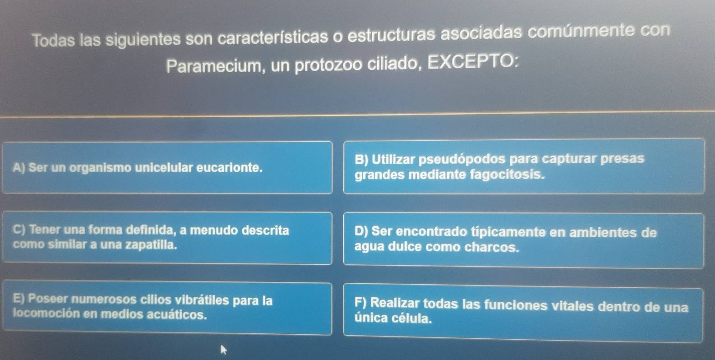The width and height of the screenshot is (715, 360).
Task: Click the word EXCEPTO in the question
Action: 472,62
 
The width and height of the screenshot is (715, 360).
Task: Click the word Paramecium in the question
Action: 214,66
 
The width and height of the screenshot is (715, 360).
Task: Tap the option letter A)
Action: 19,167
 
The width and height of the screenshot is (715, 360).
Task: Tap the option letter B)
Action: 362,159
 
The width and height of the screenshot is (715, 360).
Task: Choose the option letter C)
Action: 20,230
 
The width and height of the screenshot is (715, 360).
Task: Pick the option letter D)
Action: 361,231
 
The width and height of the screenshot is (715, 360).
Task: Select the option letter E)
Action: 19,298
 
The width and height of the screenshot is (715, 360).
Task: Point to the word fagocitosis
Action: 507,175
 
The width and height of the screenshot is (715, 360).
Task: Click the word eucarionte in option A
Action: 229,167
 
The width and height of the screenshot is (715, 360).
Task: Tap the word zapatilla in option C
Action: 151,245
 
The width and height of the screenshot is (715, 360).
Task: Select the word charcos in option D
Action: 492,247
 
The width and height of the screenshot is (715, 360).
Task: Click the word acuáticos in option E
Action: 177,315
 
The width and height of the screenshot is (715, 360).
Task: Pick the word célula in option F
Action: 412,318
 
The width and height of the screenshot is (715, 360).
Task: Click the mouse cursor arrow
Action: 223,350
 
